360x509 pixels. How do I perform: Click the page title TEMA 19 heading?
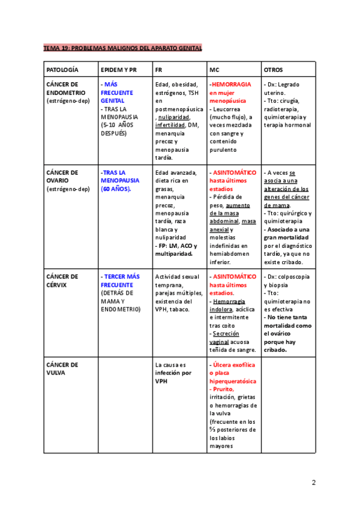click(122, 47)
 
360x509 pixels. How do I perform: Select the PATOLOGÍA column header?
click(62, 70)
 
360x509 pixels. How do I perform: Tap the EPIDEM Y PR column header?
click(119, 70)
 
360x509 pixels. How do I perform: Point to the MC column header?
click(214, 70)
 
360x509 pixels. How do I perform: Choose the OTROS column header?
click(274, 70)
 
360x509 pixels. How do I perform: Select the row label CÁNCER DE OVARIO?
click(62, 176)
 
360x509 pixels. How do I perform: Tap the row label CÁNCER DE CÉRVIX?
click(62, 281)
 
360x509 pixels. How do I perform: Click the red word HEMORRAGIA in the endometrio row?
click(232, 85)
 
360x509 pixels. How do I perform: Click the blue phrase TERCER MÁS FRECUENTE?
click(121, 281)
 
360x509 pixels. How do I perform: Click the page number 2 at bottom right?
click(313, 483)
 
